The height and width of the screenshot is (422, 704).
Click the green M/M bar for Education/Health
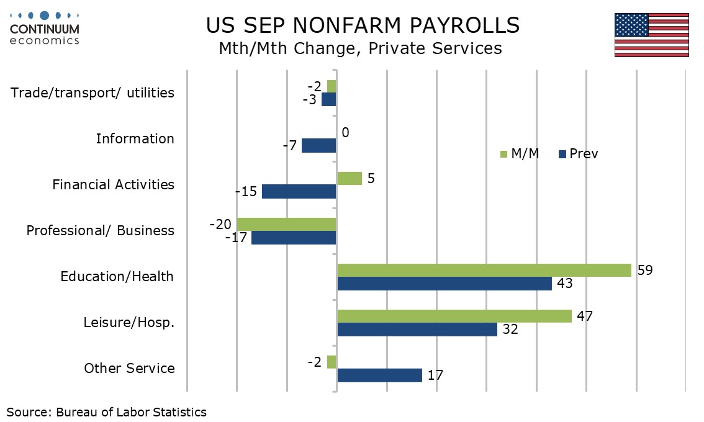pyautogui.click(x=484, y=270)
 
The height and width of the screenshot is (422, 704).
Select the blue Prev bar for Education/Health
pyautogui.click(x=444, y=284)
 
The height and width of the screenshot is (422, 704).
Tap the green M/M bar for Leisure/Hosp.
pyautogui.click(x=454, y=316)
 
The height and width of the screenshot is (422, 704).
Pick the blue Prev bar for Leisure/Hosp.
pyautogui.click(x=417, y=330)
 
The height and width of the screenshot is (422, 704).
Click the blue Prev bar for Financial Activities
pyautogui.click(x=299, y=192)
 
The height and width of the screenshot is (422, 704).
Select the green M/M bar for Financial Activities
pyautogui.click(x=349, y=179)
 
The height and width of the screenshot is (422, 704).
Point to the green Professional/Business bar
pyautogui.click(x=286, y=224)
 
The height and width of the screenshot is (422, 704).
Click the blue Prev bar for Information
pyautogui.click(x=318, y=146)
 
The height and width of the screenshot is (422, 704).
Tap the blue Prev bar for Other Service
pyautogui.click(x=379, y=375)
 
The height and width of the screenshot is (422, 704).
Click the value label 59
pyautogui.click(x=645, y=270)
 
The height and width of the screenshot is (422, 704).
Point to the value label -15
pyautogui.click(x=246, y=192)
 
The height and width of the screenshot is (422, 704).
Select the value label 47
pyautogui.click(x=585, y=316)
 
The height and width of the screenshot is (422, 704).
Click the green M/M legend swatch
pyautogui.click(x=503, y=154)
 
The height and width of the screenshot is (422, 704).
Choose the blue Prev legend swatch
pyautogui.click(x=563, y=154)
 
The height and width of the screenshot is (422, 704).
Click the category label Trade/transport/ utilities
pyautogui.click(x=93, y=93)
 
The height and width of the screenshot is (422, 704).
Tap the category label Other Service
pyautogui.click(x=129, y=369)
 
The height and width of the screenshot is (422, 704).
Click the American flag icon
pyautogui.click(x=651, y=35)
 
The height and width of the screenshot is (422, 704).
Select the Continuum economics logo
pyautogui.click(x=45, y=28)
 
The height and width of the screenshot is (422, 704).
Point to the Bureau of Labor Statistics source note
pyautogui.click(x=107, y=412)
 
